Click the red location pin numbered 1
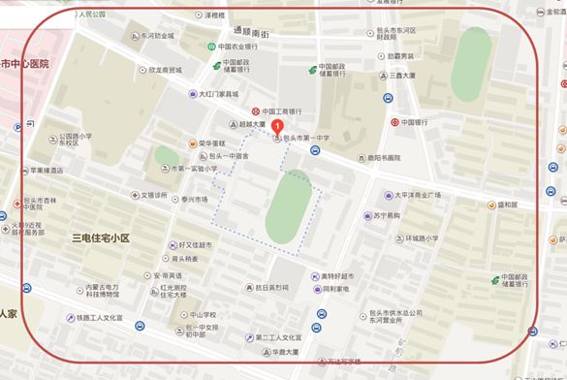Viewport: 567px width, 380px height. click(279, 126)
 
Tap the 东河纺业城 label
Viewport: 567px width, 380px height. click(157, 36)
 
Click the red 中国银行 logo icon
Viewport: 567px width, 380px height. click(395, 123)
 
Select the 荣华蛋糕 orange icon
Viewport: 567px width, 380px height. click(192, 142)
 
